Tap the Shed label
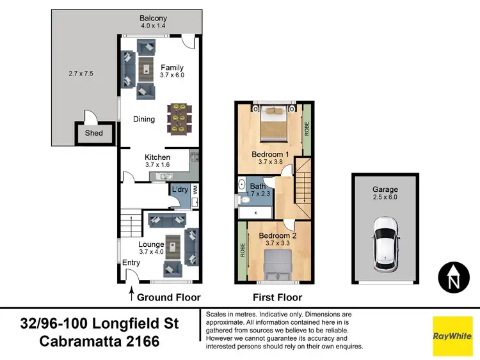pos(90,134)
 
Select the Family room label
pos(172,68)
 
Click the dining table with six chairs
pos(178,119)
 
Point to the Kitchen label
pos(157,157)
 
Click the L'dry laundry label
pos(179,189)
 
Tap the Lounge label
pos(151,244)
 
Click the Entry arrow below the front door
pos(132,295)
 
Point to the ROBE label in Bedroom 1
pos(307,129)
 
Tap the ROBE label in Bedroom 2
pos(243,250)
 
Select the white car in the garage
pos(385,243)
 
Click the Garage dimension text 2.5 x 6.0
pos(385,198)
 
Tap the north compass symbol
pos(454,277)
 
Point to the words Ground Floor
pos(170,297)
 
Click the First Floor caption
pos(277,297)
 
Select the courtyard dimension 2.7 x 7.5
pos(81,74)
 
